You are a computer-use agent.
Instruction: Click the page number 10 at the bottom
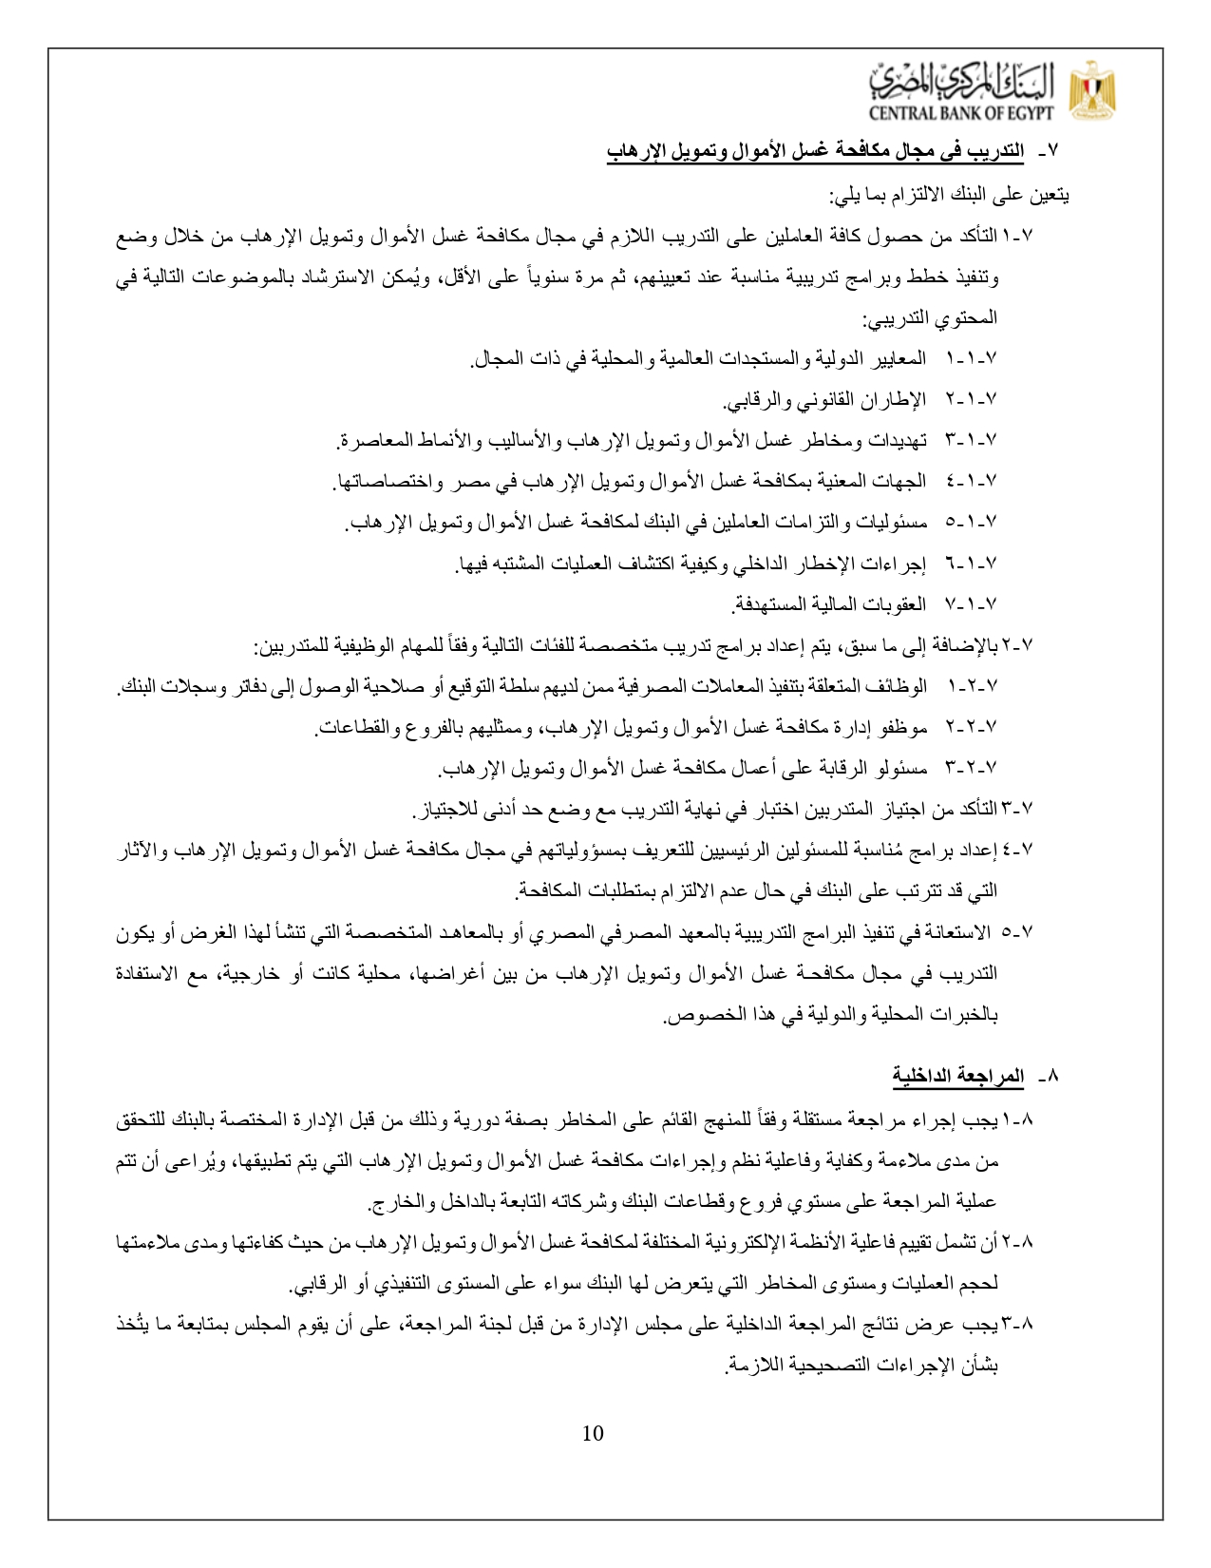click(592, 1433)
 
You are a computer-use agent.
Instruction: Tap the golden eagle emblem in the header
click(1093, 92)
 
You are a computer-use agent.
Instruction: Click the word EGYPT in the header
click(1029, 116)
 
